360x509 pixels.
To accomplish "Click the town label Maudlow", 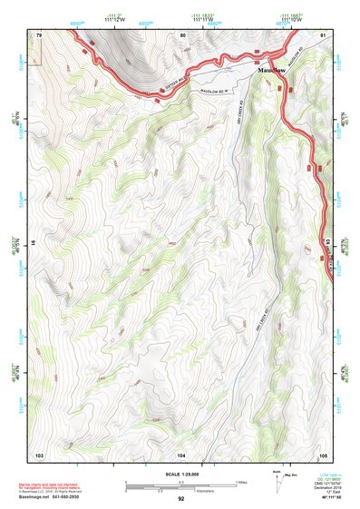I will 272,69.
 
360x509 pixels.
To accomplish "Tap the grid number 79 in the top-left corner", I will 39,34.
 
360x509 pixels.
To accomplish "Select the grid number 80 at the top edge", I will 182,34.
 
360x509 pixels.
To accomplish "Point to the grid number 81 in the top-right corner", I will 322,34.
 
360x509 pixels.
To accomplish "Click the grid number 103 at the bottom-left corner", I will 39,453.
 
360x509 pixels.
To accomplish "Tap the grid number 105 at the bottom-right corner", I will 322,453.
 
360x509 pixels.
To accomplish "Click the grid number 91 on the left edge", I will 34,243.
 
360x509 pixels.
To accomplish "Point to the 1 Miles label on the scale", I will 241,482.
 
